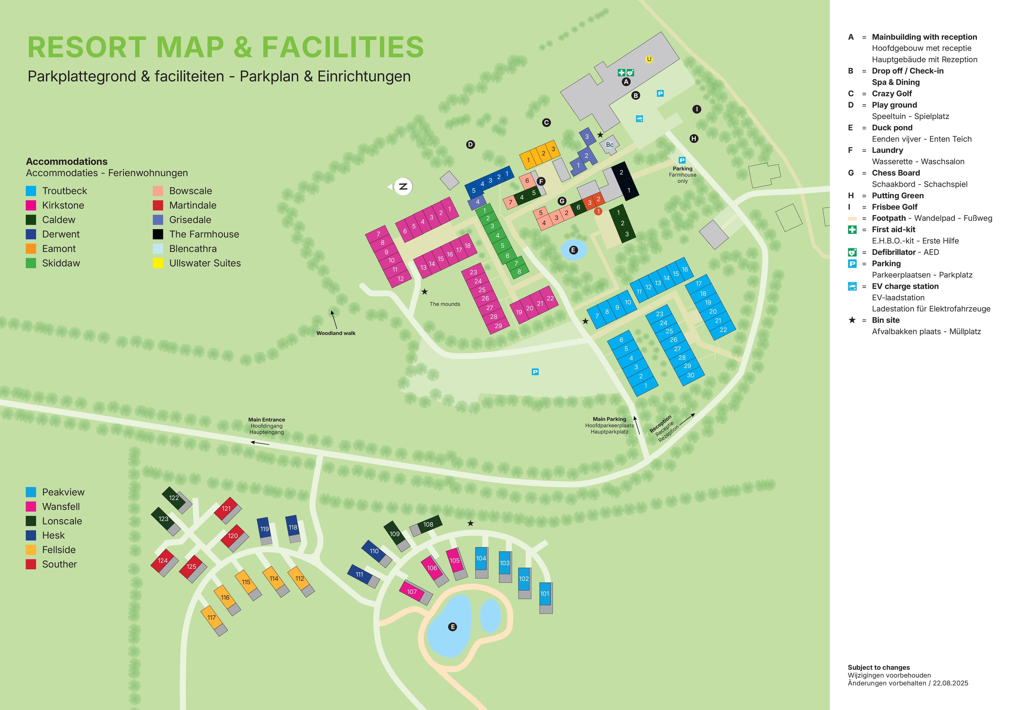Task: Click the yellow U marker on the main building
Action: [649, 59]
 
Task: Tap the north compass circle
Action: [403, 186]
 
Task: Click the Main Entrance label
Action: [267, 420]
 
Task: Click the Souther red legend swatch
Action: [31, 564]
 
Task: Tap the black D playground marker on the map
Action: [470, 145]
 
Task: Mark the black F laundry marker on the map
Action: [541, 182]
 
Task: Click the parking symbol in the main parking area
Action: [535, 372]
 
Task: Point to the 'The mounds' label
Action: [445, 304]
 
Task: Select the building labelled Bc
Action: [610, 145]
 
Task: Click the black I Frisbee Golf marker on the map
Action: [696, 109]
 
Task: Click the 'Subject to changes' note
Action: [878, 667]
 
